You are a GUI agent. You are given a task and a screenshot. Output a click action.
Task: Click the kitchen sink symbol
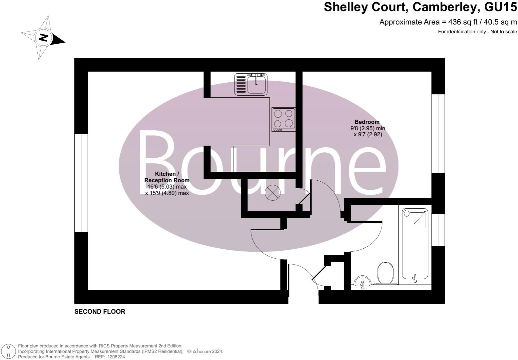[x=251, y=84]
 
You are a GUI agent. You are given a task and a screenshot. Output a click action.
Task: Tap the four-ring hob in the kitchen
[x=283, y=119]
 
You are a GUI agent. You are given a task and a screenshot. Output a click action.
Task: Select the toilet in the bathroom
[x=385, y=273]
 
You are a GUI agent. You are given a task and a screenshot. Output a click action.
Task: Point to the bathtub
[x=415, y=244]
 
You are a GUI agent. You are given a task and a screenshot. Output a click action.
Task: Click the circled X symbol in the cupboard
[x=272, y=193]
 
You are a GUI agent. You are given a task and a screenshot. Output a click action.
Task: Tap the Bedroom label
[x=367, y=122]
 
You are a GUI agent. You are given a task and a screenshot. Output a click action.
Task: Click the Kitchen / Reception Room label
[x=167, y=177]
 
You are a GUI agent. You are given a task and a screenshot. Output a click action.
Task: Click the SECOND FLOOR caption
[x=100, y=312]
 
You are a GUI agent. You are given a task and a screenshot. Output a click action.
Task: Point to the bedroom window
[x=438, y=133]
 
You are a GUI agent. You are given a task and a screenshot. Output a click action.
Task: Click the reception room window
[x=81, y=183]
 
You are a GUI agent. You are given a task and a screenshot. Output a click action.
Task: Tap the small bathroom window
[x=438, y=230]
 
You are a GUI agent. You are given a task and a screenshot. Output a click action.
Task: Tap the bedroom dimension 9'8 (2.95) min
[x=367, y=128]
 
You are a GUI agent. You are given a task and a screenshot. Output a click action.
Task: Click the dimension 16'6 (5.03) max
[x=167, y=187]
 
